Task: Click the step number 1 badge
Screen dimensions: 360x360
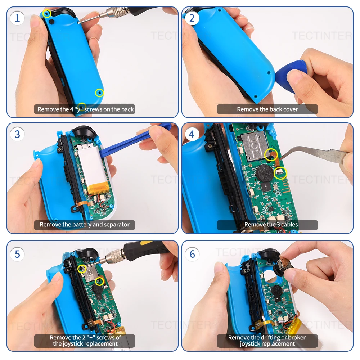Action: click(x=17, y=18)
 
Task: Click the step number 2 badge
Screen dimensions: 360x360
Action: click(x=192, y=18)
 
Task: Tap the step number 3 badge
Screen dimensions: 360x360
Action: click(x=17, y=134)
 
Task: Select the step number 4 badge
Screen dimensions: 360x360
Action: click(x=192, y=134)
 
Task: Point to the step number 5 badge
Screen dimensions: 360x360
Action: click(x=17, y=254)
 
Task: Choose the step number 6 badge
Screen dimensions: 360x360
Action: click(x=192, y=254)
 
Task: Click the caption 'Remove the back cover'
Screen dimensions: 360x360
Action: click(x=267, y=109)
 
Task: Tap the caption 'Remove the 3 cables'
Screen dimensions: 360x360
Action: click(x=267, y=225)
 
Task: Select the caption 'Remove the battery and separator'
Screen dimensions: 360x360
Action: click(x=85, y=225)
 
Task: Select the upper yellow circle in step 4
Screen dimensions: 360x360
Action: click(x=271, y=154)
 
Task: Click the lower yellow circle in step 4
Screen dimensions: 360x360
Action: click(x=280, y=173)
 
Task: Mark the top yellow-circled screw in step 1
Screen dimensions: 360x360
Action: click(x=47, y=14)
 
